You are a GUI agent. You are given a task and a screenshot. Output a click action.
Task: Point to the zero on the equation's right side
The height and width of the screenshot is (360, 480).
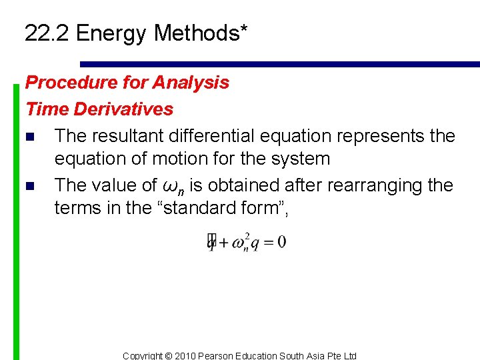click(x=281, y=241)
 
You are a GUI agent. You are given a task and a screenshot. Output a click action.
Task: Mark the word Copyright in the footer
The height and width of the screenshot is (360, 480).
click(x=143, y=355)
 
